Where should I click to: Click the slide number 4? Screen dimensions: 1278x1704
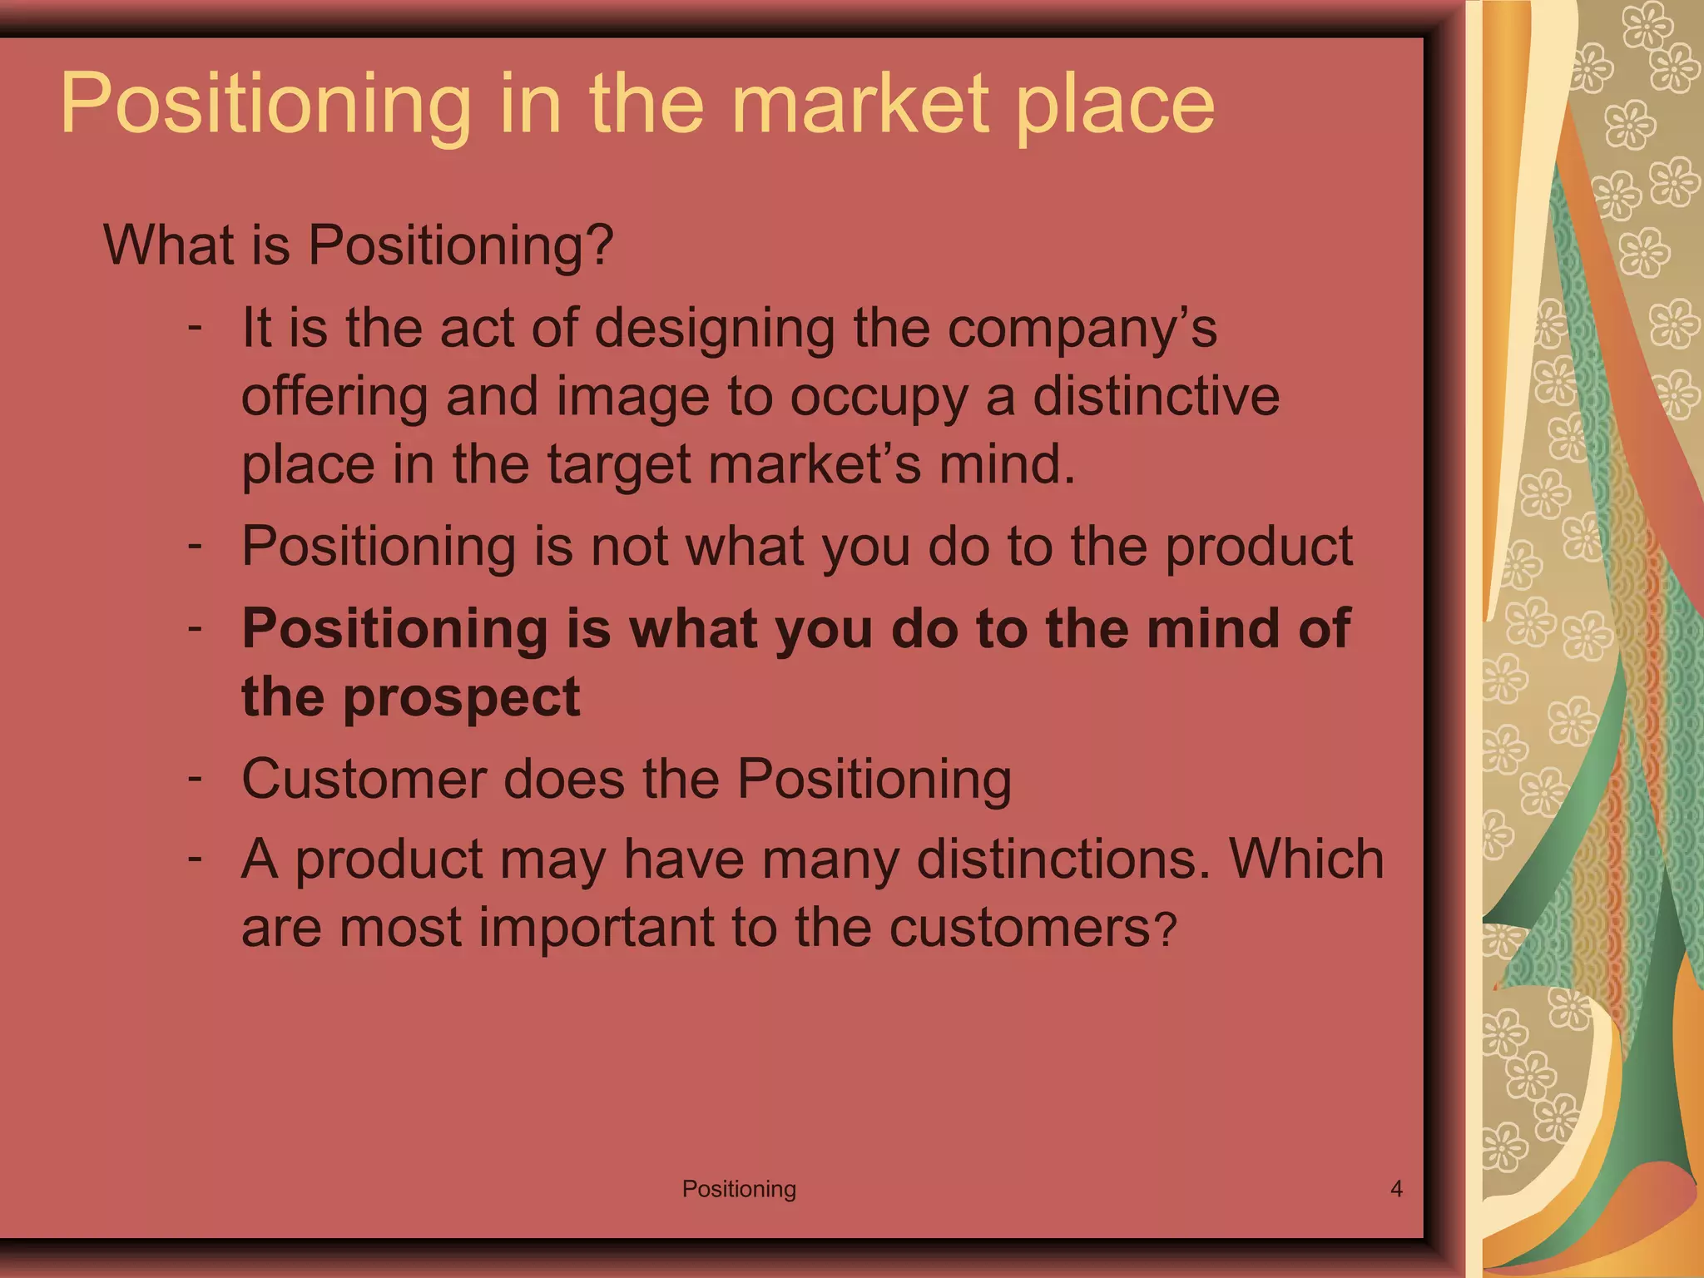click(1396, 1189)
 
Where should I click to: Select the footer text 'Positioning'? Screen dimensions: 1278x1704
click(739, 1189)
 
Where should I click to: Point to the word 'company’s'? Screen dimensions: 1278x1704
click(1082, 329)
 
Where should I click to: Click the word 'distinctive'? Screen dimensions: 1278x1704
click(1156, 396)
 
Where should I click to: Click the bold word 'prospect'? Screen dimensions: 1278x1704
click(461, 698)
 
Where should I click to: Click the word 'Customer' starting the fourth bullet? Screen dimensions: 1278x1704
click(362, 780)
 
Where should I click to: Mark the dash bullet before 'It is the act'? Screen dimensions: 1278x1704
click(196, 326)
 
